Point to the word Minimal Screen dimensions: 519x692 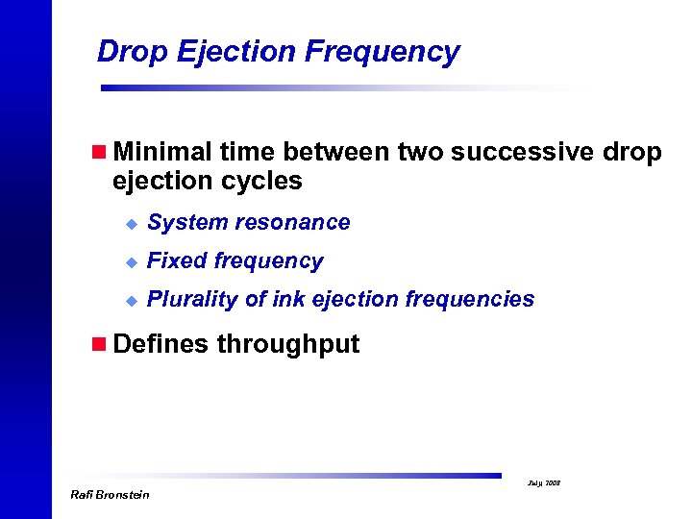point(161,152)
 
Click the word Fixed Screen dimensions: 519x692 point(176,260)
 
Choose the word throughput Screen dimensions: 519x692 point(288,345)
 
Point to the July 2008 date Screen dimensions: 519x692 point(545,482)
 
